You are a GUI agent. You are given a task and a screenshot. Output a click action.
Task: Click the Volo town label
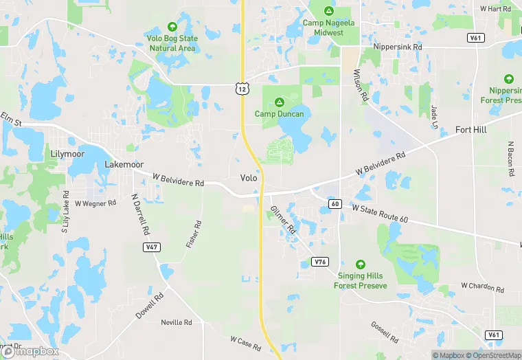pos(249,178)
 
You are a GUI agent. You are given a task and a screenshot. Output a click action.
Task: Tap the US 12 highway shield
pos(240,88)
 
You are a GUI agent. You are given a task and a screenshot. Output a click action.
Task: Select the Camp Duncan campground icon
pos(280,102)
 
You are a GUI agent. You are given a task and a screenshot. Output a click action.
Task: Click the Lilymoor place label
pos(68,154)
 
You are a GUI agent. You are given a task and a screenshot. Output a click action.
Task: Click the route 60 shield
pos(334,204)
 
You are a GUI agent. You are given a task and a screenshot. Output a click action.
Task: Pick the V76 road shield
pos(319,262)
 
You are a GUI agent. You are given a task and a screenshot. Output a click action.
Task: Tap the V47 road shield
pos(152,247)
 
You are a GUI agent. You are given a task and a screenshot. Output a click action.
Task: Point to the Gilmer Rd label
pos(282,219)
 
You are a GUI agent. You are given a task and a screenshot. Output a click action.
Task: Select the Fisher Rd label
pos(194,234)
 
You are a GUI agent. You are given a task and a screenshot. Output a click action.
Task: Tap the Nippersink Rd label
pos(397,47)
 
